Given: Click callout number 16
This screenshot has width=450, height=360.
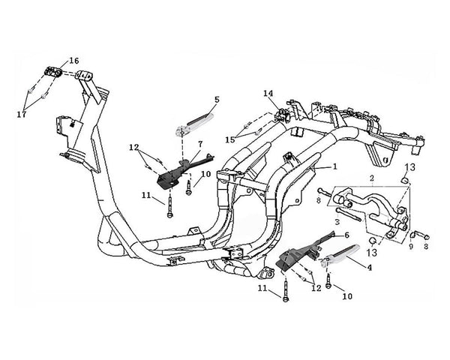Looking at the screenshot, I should tap(73, 60).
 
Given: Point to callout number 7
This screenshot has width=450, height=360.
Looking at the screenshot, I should tap(201, 143).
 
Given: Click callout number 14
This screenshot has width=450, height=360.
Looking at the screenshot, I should tap(268, 94).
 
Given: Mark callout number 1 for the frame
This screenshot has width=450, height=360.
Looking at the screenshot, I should tap(335, 166).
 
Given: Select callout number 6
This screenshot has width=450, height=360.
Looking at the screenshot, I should tap(346, 235).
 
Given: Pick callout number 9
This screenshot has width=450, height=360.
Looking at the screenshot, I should tap(410, 245).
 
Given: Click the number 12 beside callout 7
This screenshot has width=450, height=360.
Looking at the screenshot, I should tap(134, 147).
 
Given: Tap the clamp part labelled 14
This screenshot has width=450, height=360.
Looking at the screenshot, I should tap(283, 114).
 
